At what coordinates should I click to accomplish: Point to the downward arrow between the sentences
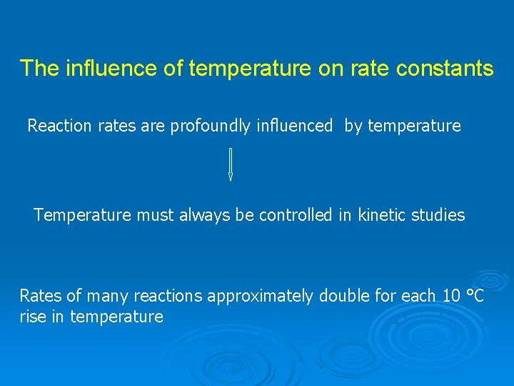pos(230,164)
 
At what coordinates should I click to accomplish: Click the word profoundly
pos(211,127)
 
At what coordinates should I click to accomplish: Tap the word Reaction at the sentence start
pos(59,127)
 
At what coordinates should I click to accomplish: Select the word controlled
pos(296,215)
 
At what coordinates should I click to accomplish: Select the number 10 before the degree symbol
pos(451,296)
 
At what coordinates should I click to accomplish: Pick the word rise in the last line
pos(32,317)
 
